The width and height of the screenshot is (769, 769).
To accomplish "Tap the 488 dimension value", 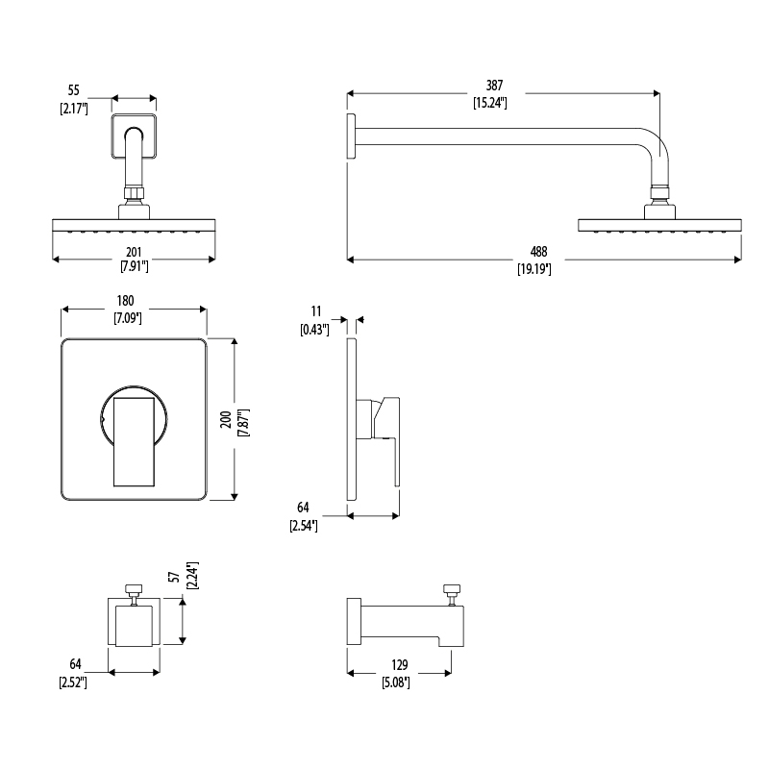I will pos(533,252).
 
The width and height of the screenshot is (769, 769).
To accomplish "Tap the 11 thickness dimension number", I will pos(314,313).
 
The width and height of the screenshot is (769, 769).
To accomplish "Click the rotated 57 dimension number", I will pos(174,578).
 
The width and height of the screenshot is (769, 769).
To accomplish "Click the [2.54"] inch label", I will pos(303,526).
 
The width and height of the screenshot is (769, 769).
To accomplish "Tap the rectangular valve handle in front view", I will pos(133,441).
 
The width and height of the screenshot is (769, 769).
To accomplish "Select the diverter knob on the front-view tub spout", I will pos(134,590).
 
